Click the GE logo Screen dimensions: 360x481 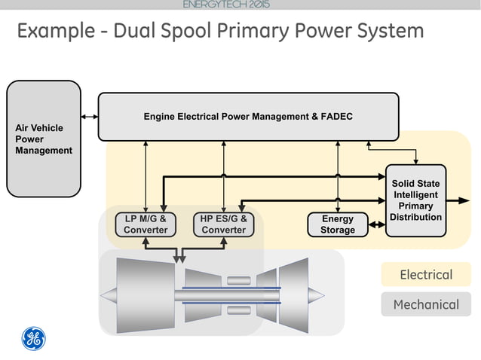(x=32, y=339)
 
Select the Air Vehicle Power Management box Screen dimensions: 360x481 (x=44, y=139)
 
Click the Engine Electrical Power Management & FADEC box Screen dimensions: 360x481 (x=248, y=117)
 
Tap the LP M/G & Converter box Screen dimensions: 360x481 (x=146, y=224)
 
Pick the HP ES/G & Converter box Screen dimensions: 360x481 (x=224, y=224)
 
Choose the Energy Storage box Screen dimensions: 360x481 (x=337, y=224)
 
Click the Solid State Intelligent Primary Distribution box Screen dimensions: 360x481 (x=415, y=200)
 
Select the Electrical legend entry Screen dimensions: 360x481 (x=426, y=275)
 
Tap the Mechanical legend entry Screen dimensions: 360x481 (x=426, y=304)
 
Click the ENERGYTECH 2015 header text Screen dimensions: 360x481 (x=225, y=5)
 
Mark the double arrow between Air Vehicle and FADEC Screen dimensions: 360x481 (x=90, y=117)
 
